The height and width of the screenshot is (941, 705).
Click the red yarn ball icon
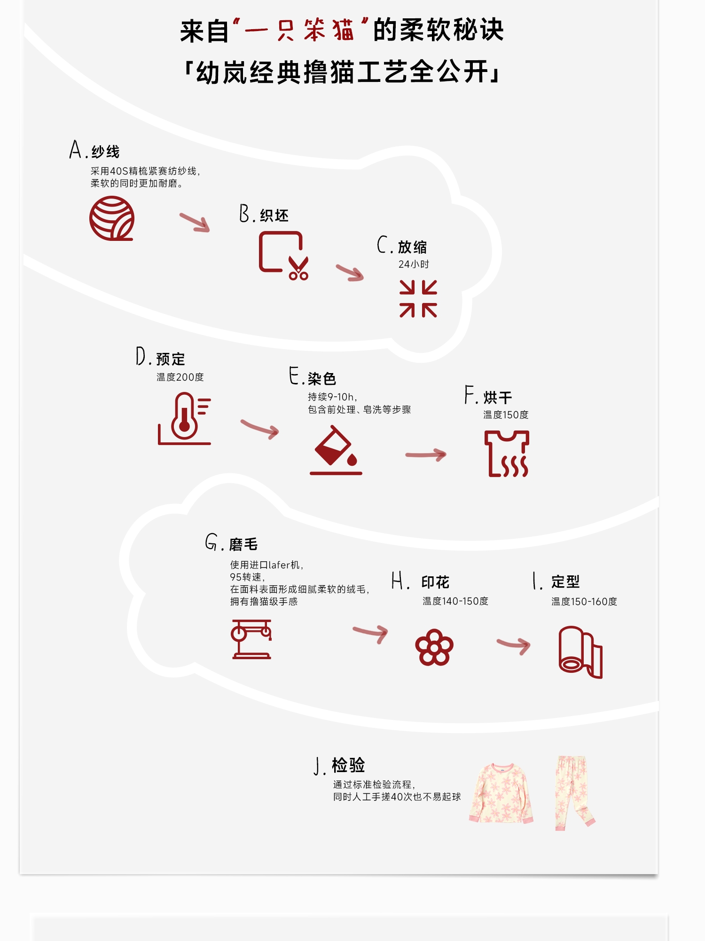(x=112, y=218)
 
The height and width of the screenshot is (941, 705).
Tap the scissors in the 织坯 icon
(x=298, y=269)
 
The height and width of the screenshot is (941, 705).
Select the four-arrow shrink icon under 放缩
(x=418, y=299)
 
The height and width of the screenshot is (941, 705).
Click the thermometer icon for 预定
(x=184, y=419)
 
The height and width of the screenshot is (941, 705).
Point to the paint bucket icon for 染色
(x=336, y=450)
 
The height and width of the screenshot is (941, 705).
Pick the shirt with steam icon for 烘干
(x=507, y=454)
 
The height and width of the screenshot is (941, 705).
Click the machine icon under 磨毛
(x=251, y=639)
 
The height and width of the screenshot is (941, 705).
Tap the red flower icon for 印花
(x=434, y=647)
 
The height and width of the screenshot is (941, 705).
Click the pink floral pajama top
(x=501, y=793)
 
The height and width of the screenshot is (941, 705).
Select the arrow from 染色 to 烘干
(x=426, y=455)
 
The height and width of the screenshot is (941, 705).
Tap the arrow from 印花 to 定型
(x=514, y=645)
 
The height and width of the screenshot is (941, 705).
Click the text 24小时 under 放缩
(x=414, y=264)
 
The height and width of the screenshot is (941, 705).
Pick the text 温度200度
(x=180, y=377)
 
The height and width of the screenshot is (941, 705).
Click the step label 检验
(x=348, y=766)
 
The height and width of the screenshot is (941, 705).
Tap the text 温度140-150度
(x=455, y=601)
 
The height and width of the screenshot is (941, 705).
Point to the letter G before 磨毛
(x=211, y=542)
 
